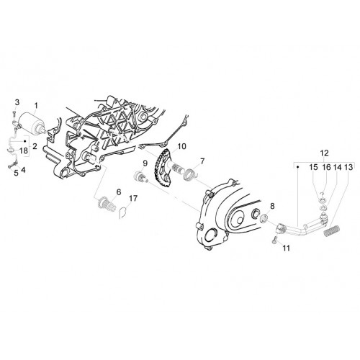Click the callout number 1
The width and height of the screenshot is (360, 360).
pyautogui.click(x=36, y=105)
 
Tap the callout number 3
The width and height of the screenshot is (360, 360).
pyautogui.click(x=17, y=102)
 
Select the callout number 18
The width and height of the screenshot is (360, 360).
pyautogui.click(x=24, y=150)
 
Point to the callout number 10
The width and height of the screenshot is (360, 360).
pyautogui.click(x=181, y=146)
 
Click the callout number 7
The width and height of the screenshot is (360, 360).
pyautogui.click(x=202, y=161)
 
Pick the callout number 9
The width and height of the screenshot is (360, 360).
pyautogui.click(x=145, y=163)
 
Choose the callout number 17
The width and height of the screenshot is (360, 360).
pyautogui.click(x=133, y=198)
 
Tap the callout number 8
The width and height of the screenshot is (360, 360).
pyautogui.click(x=272, y=206)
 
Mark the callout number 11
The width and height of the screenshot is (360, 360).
pyautogui.click(x=286, y=248)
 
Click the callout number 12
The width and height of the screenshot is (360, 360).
pyautogui.click(x=324, y=153)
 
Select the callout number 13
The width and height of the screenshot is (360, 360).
pyautogui.click(x=348, y=167)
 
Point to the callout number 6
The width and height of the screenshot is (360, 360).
pyautogui.click(x=119, y=192)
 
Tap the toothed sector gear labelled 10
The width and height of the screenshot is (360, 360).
pyautogui.click(x=161, y=168)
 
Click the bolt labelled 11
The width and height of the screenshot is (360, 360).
pyautogui.click(x=274, y=240)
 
